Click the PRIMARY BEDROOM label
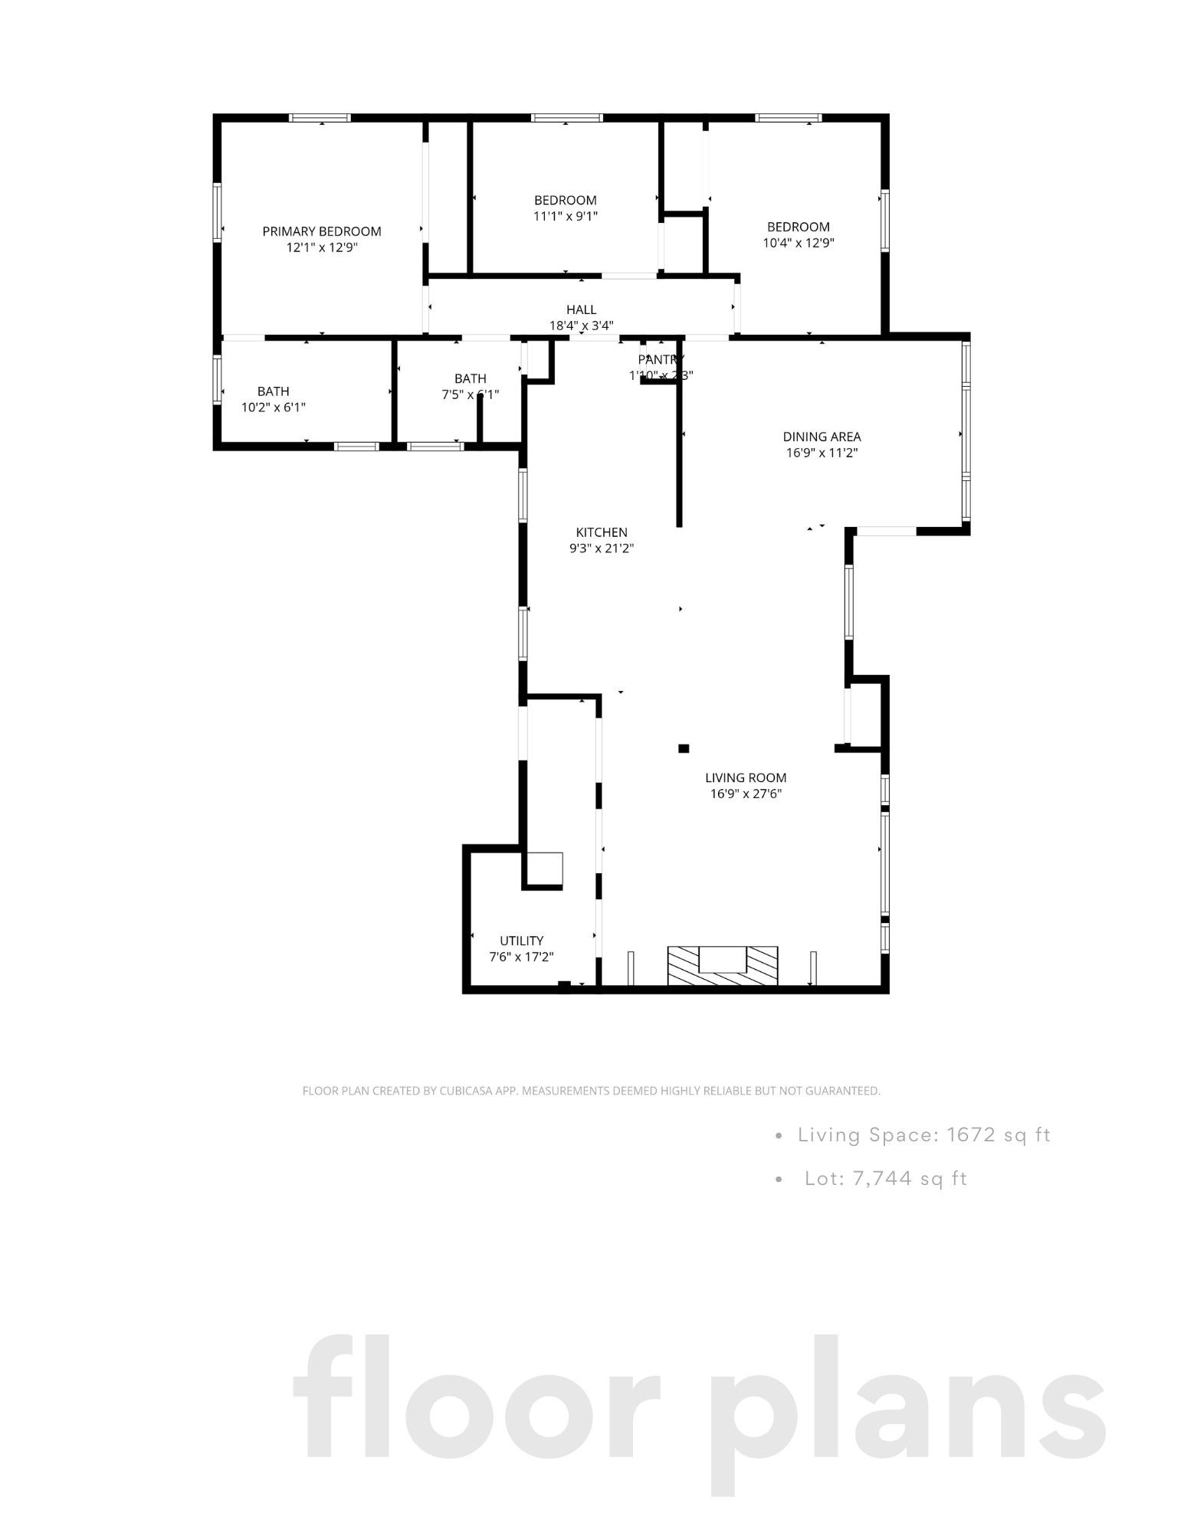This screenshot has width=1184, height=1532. [x=321, y=231]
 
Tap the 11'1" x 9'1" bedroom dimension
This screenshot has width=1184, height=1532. [x=565, y=217]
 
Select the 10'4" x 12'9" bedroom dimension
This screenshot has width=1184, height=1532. [x=798, y=244]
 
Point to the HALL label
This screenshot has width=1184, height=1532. [x=581, y=309]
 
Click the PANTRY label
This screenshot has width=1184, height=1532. [x=660, y=359]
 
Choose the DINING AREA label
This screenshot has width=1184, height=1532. [x=822, y=437]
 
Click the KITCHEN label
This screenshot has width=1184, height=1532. [x=602, y=532]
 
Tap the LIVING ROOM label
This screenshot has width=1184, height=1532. [x=745, y=778]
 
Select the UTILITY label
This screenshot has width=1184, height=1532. [x=521, y=941]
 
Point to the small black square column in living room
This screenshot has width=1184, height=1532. [x=684, y=748]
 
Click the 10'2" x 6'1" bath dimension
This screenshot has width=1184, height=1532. [x=273, y=408]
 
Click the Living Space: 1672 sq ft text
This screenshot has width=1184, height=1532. [x=923, y=1134]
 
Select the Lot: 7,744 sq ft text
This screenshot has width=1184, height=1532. [x=886, y=1178]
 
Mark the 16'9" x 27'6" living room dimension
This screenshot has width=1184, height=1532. [x=745, y=794]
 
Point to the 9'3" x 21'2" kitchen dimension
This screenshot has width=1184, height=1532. [x=602, y=548]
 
